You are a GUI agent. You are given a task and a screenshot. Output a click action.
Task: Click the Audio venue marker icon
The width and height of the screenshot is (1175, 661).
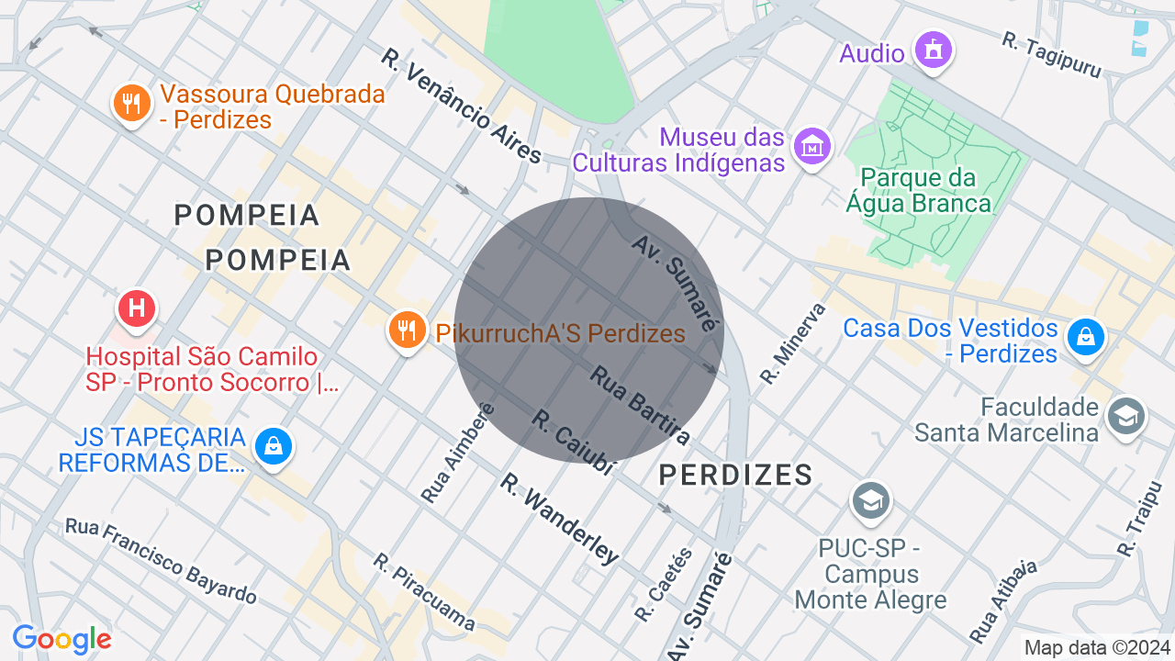click(934, 49)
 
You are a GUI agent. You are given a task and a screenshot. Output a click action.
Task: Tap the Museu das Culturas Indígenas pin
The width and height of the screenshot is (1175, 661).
click(812, 146)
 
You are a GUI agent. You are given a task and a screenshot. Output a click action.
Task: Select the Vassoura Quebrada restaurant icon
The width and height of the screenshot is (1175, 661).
click(131, 102)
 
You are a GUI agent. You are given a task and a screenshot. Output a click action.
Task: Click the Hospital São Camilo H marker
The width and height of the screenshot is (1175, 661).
click(137, 308)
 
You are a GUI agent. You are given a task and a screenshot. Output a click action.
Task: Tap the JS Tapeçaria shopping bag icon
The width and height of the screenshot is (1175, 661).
click(273, 447)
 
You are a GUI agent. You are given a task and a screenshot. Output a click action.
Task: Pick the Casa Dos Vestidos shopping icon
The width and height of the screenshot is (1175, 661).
click(1086, 337)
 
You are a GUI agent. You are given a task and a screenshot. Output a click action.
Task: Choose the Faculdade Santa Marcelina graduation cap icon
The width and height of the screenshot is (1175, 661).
click(1125, 415)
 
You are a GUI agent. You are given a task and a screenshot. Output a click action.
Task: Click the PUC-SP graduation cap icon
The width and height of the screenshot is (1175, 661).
click(869, 499)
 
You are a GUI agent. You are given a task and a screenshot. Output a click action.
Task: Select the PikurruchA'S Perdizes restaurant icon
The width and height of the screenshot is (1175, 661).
click(406, 329)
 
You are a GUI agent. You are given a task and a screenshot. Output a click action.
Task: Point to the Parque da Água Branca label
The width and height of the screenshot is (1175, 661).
click(925, 190)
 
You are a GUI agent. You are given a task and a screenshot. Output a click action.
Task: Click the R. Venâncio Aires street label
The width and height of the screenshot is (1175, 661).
click(463, 106)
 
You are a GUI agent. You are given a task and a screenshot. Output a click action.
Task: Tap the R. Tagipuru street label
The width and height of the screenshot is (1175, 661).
click(1050, 54)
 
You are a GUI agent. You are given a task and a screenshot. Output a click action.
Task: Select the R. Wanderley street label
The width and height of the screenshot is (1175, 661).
click(559, 519)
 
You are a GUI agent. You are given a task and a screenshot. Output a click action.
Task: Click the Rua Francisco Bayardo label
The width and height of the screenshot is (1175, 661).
click(161, 561)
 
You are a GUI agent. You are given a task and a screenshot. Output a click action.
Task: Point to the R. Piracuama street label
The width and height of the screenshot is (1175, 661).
click(424, 592)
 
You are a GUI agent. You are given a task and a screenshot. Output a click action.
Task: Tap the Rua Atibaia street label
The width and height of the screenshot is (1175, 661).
click(1002, 600)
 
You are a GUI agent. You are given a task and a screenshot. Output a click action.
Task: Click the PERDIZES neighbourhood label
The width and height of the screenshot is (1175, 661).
click(735, 475)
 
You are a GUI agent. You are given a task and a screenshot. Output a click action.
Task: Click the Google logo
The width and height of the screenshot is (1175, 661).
click(62, 639)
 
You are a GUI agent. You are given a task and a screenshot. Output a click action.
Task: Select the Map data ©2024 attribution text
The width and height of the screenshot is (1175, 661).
click(1098, 647)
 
